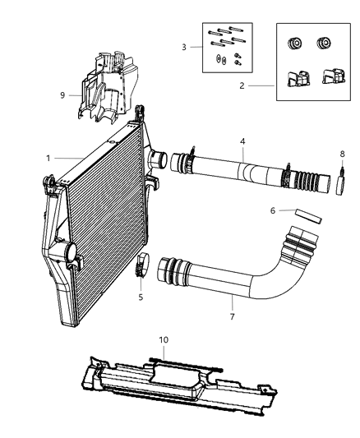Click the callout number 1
(48, 156)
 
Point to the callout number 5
(140, 297)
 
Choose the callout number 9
(62, 95)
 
